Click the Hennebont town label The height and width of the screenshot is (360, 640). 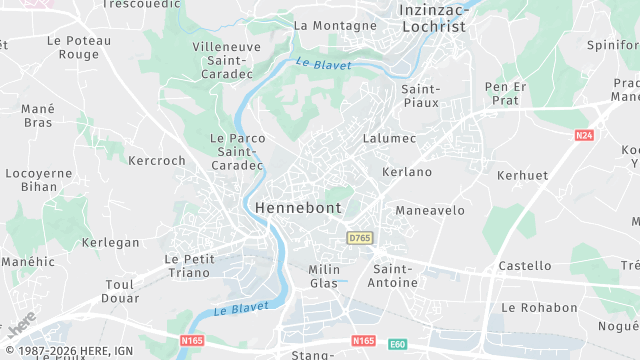click(x=298, y=208)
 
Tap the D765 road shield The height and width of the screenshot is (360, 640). click(x=359, y=238)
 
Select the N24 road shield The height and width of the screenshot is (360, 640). click(x=584, y=135)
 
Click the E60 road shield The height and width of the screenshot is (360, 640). click(x=397, y=343)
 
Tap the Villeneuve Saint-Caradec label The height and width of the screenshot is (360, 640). click(x=226, y=54)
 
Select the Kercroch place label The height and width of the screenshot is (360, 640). click(x=157, y=160)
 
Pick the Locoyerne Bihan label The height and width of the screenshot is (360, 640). click(x=39, y=179)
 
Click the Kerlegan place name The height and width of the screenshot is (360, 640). click(x=111, y=243)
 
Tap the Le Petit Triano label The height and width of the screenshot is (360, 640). click(x=190, y=265)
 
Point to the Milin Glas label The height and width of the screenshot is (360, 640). click(x=324, y=276)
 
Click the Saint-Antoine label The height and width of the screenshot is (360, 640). click(x=394, y=276)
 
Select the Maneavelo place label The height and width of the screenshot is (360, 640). click(x=430, y=211)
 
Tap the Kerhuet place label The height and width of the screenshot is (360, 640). click(x=522, y=175)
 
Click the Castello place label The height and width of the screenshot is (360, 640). click(x=525, y=266)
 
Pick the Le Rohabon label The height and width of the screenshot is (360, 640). click(x=539, y=308)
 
